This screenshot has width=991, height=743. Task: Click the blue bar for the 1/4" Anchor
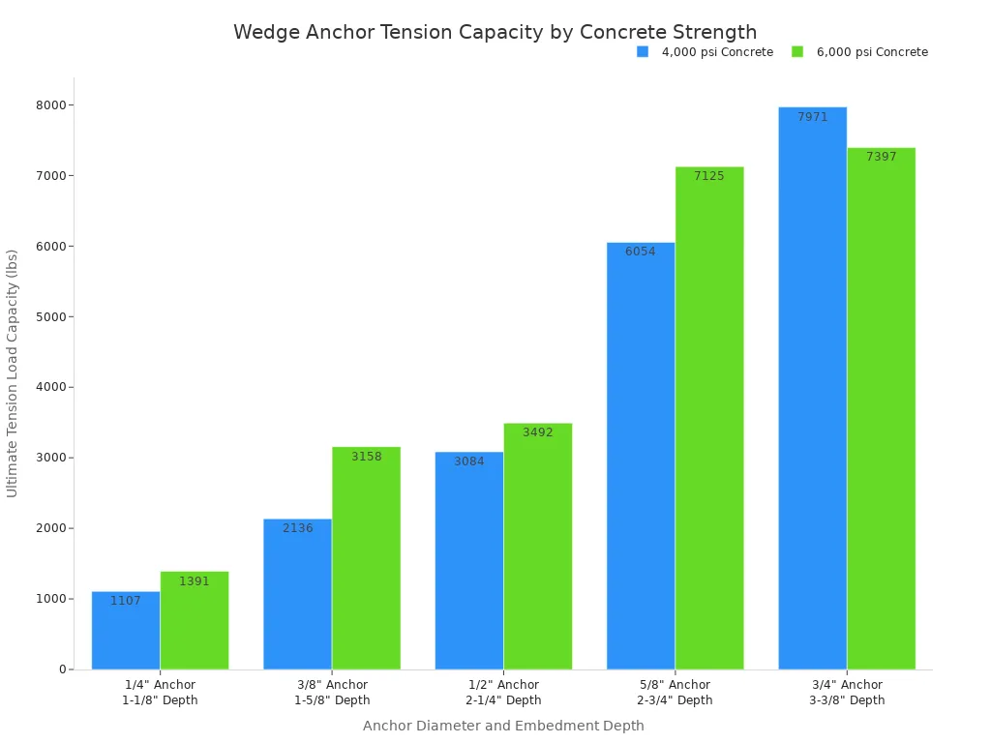126,634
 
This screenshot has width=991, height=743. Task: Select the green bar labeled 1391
195,624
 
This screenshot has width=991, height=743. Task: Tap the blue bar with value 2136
297,595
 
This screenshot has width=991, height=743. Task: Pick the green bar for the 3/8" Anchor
366,561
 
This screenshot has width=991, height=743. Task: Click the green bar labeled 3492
537,547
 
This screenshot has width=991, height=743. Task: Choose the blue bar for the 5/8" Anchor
641,455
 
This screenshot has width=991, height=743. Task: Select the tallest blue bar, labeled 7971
812,387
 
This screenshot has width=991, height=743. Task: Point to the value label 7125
709,176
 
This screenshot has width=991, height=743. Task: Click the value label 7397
881,157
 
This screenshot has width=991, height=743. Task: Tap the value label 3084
469,461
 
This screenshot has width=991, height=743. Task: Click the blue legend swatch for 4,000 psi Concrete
643,52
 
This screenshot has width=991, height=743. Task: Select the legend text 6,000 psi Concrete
871,52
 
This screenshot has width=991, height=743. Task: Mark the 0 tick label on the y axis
61,669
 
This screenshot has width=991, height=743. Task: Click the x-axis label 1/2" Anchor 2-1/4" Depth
503,693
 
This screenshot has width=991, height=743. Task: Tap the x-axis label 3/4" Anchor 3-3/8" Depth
847,693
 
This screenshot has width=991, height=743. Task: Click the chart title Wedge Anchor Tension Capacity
495,32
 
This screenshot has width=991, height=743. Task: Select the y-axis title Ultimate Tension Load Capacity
13,372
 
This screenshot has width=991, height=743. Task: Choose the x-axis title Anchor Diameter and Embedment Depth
503,726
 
